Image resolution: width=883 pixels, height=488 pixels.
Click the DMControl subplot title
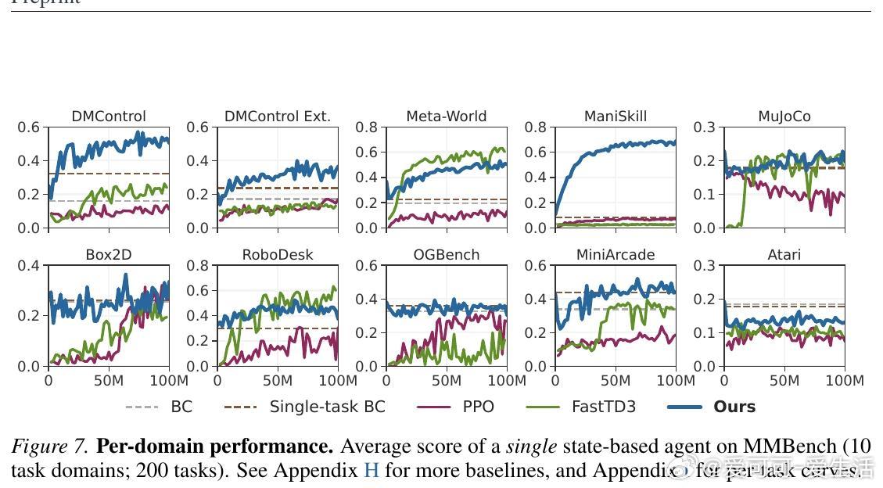[109, 117]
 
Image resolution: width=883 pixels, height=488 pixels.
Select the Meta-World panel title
[447, 117]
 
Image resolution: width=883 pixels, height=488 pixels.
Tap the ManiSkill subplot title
[616, 117]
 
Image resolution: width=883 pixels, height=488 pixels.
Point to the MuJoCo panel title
[784, 117]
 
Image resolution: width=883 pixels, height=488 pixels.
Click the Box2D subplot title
[109, 255]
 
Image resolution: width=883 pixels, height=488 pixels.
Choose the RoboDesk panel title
[278, 255]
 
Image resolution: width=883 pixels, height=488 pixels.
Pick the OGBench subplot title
[447, 255]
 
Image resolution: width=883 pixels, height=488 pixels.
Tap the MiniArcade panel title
[616, 255]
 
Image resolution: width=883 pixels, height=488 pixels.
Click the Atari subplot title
[784, 255]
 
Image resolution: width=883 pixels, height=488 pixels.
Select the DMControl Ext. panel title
[278, 117]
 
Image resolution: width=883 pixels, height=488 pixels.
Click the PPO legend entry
[479, 407]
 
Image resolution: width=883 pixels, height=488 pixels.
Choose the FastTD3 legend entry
[601, 407]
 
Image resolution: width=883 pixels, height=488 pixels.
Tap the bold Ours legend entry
[734, 407]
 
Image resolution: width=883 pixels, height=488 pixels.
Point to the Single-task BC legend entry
[327, 407]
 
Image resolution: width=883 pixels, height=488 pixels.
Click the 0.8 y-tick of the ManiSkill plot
[535, 127]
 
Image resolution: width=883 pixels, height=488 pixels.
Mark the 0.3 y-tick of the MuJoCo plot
[704, 127]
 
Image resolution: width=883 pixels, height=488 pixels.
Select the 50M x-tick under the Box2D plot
[109, 381]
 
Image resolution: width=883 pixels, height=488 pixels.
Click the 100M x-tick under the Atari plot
[845, 381]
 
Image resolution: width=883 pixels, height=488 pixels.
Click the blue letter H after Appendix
[372, 471]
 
